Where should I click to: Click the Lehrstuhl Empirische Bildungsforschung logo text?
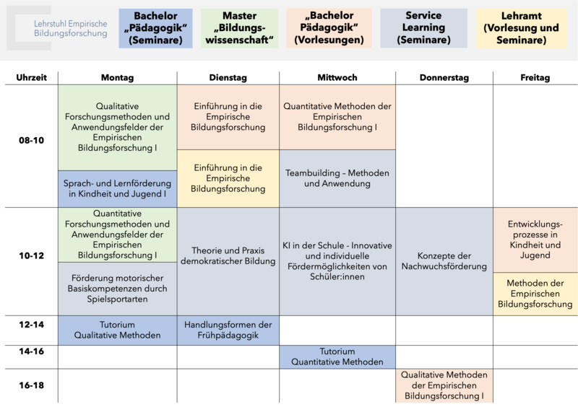click(70, 28)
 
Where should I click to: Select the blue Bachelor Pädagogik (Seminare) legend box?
click(155, 28)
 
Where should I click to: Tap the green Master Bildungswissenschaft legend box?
click(240, 28)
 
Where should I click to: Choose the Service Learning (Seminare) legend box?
click(423, 28)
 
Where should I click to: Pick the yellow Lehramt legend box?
click(521, 28)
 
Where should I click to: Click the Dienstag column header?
click(228, 78)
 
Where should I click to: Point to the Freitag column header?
click(535, 78)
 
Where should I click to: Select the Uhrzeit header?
click(31, 78)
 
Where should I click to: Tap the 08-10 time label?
click(31, 140)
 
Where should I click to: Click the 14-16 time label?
click(31, 351)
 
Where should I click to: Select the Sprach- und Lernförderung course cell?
click(117, 188)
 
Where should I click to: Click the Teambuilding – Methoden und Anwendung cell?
click(337, 178)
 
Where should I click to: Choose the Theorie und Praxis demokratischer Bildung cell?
click(228, 261)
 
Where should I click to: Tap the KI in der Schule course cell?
click(337, 261)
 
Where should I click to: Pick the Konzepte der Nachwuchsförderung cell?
click(444, 261)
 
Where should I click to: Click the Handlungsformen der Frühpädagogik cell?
click(228, 330)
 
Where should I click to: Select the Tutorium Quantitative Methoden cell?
click(337, 357)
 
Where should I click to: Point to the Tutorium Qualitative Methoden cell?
click(117, 330)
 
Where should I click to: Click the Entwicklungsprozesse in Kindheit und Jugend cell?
click(535, 240)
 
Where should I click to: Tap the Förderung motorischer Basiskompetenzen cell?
click(117, 289)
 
